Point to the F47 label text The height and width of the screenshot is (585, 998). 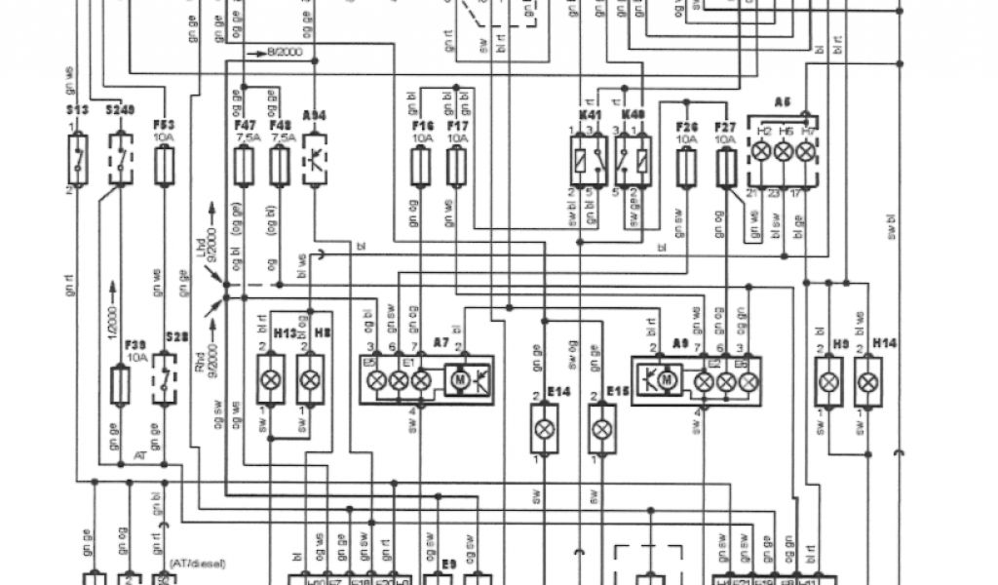pyautogui.click(x=245, y=125)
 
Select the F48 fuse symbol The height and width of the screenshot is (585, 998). pyautogui.click(x=281, y=169)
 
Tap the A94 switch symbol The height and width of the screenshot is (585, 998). pyautogui.click(x=316, y=159)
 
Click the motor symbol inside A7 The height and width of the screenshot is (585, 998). pyautogui.click(x=458, y=377)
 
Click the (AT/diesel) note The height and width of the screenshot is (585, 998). pyautogui.click(x=198, y=563)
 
